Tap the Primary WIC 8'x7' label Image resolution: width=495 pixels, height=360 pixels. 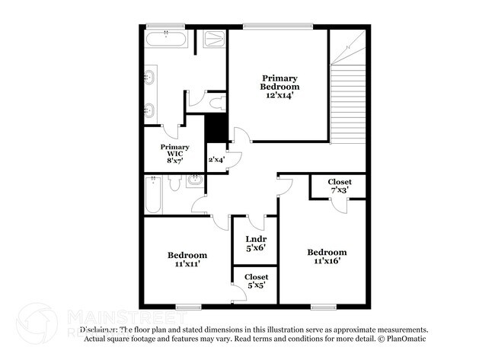[x=174, y=151]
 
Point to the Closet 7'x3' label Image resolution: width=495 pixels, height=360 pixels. [x=340, y=186]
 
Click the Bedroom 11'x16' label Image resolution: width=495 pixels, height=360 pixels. [x=327, y=256]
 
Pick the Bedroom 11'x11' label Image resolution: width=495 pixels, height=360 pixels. [x=187, y=260]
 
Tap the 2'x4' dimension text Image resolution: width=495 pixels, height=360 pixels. [x=217, y=160]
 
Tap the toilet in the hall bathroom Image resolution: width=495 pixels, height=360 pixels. [x=174, y=183]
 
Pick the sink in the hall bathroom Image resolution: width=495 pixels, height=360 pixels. [x=195, y=180]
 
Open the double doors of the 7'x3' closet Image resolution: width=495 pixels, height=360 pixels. [x=340, y=202]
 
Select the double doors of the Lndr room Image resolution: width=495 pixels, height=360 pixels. [x=251, y=221]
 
